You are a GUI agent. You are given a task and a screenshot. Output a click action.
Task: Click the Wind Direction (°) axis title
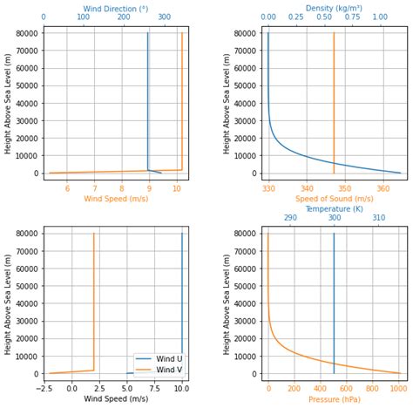tap(115, 8)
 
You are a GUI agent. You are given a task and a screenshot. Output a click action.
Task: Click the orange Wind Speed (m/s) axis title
tap(115, 199)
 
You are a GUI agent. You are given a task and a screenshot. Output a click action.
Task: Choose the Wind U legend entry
tap(158, 358)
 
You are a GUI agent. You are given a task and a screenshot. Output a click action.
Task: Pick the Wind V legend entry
tap(158, 370)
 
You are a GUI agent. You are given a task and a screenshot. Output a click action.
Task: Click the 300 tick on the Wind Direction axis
tap(165, 17)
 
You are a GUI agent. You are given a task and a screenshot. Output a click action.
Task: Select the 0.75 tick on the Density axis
tap(352, 17)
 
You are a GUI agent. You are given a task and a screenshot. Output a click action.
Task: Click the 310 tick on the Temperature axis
tap(379, 218)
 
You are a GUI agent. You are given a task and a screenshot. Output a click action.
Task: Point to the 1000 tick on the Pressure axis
tap(399, 389)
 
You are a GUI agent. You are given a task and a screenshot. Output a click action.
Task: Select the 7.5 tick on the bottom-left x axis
tap(154, 389)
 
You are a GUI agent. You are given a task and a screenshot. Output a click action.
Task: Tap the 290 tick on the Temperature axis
tap(290, 218)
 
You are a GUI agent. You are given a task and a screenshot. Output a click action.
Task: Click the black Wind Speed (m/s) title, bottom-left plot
tap(115, 399)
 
